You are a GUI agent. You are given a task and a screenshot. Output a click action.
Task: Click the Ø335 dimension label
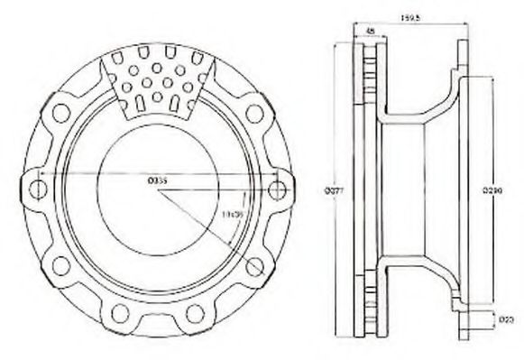tap(157, 180)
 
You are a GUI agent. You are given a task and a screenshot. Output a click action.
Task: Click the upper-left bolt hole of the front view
tap(61, 112)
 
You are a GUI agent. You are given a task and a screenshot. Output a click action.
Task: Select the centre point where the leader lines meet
tap(158, 189)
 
